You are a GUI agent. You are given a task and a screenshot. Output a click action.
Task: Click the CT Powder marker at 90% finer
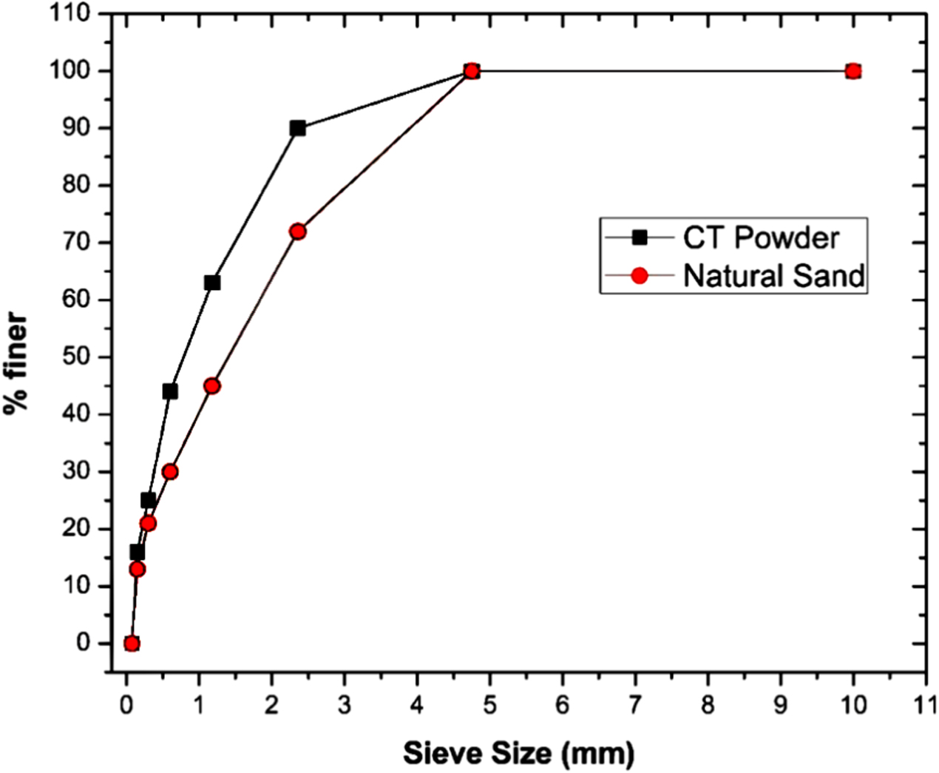coord(297,128)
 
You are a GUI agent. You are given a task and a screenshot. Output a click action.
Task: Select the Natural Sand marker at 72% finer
coord(297,232)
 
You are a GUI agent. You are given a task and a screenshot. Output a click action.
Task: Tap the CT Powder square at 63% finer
coord(212,283)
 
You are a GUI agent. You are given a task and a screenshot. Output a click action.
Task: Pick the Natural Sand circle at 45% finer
coord(212,385)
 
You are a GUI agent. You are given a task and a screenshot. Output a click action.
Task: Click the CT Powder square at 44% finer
coord(170,391)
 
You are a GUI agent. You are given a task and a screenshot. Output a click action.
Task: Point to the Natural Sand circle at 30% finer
coord(170,472)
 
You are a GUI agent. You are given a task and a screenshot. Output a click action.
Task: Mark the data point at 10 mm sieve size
coord(852,71)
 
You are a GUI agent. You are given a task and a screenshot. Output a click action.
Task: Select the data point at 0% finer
coord(132,644)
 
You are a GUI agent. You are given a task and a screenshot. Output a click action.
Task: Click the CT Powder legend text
coord(761,237)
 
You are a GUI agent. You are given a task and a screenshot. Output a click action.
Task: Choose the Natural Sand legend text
coord(773,275)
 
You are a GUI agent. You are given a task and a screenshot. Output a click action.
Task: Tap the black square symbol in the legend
coord(640,237)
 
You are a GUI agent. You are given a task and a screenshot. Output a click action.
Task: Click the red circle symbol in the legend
coord(640,275)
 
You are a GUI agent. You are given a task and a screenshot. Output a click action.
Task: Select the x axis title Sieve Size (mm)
coord(518,754)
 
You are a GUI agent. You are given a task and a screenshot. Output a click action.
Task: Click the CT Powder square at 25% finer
coord(148,501)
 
